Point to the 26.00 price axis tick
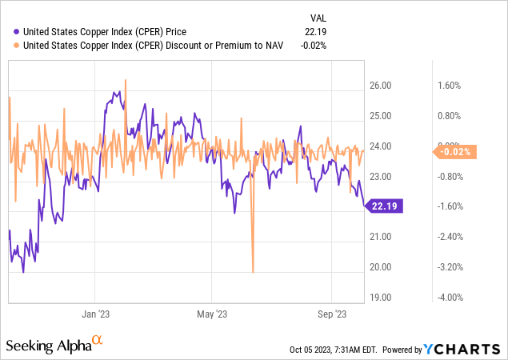point(380,86)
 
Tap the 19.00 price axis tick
point(380,298)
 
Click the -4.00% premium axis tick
point(449,298)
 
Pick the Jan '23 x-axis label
point(97,314)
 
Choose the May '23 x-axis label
point(212,314)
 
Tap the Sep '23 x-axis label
point(330,314)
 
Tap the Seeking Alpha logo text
point(48,346)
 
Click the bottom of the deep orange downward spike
point(253,272)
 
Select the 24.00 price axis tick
point(380,146)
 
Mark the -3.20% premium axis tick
point(449,267)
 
